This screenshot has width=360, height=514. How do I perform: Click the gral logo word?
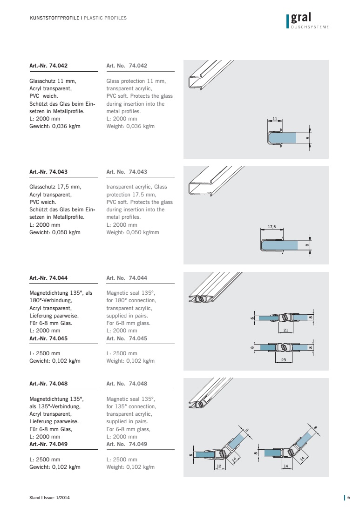pos(301,18)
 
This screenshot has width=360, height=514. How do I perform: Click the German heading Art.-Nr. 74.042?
pos(48,66)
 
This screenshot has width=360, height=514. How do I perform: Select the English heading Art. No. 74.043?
pos(127,172)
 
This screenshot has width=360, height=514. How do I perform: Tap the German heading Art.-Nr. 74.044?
pos(48,278)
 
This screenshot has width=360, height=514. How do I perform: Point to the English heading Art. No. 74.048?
pos(127,384)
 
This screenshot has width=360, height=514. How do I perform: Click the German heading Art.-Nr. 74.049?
pos(48,444)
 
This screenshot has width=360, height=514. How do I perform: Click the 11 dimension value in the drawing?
pos(275,119)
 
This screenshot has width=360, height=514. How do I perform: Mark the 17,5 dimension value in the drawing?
pos(272,227)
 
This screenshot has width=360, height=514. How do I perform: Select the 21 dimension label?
pos(285,330)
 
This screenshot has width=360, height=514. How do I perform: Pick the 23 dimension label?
pos(284,360)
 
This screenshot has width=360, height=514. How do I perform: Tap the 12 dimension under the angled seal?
pos(219,466)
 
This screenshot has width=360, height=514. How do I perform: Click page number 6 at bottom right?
pos(349,498)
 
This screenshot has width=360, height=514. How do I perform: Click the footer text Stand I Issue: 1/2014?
pos(49,498)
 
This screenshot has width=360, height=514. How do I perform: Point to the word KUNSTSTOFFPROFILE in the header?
pos(54,18)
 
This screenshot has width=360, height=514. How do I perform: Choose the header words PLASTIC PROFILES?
pos(105,18)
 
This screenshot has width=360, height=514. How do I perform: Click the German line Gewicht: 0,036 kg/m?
pos(55,126)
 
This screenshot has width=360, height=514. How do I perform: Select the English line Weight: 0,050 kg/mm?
pos(132,232)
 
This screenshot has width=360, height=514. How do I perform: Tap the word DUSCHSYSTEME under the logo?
pos(310,27)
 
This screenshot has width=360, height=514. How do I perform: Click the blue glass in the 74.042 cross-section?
pos(283,138)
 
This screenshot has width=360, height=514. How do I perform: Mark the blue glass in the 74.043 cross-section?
pos(280,245)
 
